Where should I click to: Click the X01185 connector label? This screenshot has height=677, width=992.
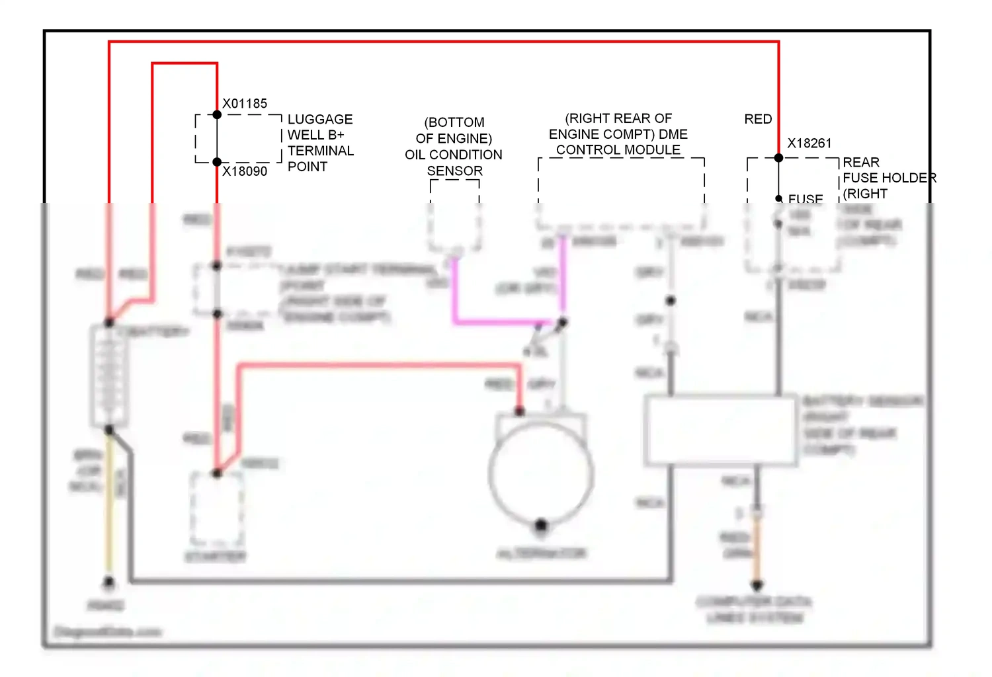tap(245, 104)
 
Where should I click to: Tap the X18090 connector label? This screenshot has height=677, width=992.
tap(245, 171)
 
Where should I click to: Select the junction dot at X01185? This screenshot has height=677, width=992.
tap(217, 114)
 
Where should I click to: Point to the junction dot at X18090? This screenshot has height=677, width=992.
tap(217, 162)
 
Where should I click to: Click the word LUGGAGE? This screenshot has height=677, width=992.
tap(320, 120)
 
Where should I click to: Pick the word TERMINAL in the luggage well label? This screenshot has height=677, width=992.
tap(321, 151)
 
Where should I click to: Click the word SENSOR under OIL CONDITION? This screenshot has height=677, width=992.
tap(454, 171)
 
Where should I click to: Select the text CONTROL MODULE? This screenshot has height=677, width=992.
tap(618, 150)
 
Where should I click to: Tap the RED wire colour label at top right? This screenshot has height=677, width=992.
tap(758, 119)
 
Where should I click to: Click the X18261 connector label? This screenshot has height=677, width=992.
tap(809, 143)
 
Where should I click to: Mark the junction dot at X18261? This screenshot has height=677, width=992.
tap(778, 158)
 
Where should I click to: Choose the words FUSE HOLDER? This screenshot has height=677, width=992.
tap(889, 178)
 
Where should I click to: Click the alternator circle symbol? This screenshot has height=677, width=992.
tap(541, 473)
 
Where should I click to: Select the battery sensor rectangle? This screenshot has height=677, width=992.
tap(721, 430)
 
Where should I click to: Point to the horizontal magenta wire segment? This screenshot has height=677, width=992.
tap(503, 322)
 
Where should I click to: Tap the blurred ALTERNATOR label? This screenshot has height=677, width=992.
tap(542, 553)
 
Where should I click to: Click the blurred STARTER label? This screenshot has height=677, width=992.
tap(216, 557)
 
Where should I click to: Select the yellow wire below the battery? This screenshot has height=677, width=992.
tap(109, 509)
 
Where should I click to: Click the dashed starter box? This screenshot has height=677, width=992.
tap(216, 508)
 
